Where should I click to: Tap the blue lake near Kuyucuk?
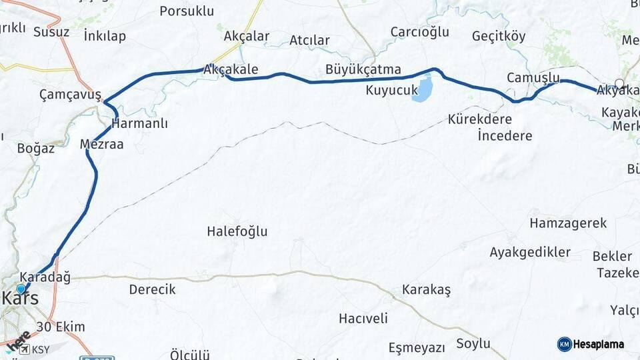tap(422, 89)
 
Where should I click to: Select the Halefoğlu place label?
tap(237, 231)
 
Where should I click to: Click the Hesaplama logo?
tap(591, 344)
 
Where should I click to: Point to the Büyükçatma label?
tap(363, 69)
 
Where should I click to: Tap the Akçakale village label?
tap(231, 69)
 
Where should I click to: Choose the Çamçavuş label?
tap(70, 95)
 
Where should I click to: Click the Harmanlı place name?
tap(140, 123)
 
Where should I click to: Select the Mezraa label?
tap(101, 144)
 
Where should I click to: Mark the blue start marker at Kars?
tap(21, 289)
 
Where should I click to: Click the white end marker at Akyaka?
tap(619, 84)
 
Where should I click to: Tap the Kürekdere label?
tap(480, 120)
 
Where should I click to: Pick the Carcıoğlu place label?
tap(420, 32)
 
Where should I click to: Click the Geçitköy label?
tap(499, 36)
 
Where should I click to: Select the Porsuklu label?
tap(187, 11)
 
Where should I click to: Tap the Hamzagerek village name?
tap(568, 223)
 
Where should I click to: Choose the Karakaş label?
tap(427, 290)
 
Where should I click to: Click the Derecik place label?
tap(152, 289)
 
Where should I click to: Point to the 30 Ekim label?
tap(61, 327)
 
